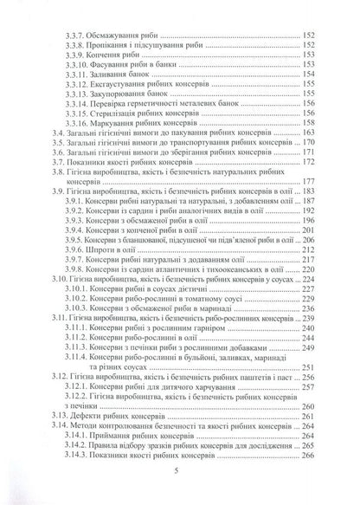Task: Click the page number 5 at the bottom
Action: coord(179,471)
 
